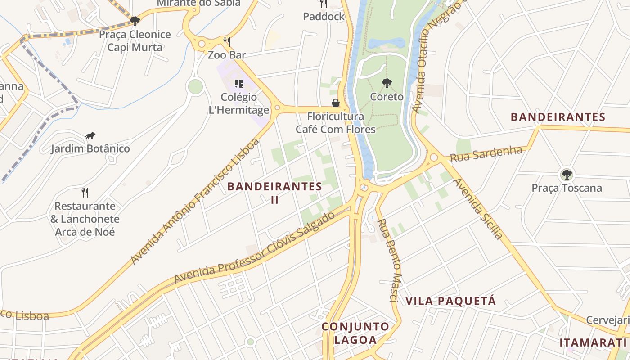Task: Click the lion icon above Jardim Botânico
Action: pyautogui.click(x=90, y=135)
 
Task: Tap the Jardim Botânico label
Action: pyautogui.click(x=90, y=148)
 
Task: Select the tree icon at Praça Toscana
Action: pyautogui.click(x=567, y=174)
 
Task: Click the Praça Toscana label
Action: pyautogui.click(x=567, y=188)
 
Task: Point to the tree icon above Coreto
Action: pyautogui.click(x=387, y=83)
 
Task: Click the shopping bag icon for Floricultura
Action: pyautogui.click(x=335, y=103)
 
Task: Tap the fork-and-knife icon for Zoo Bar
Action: pyautogui.click(x=227, y=42)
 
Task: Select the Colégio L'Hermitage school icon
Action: pyautogui.click(x=239, y=83)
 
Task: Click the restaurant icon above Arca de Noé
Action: pyautogui.click(x=85, y=193)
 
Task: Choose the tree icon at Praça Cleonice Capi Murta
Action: pyautogui.click(x=135, y=21)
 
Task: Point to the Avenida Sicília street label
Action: pyautogui.click(x=478, y=208)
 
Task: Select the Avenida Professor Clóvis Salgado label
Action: pyautogui.click(x=255, y=247)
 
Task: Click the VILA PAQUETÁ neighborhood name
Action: pyautogui.click(x=450, y=301)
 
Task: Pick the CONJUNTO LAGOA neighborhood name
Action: pyautogui.click(x=355, y=333)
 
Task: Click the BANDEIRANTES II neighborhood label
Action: pyautogui.click(x=274, y=193)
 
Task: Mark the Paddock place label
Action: pyautogui.click(x=324, y=17)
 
